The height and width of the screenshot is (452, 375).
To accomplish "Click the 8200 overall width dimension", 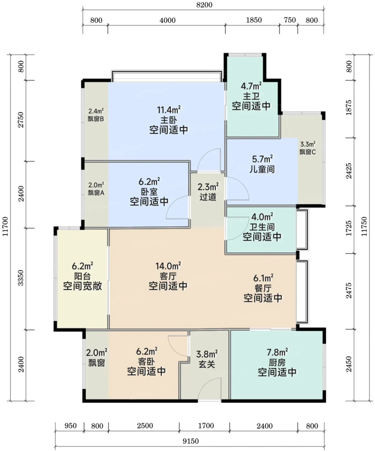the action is coord(204,5).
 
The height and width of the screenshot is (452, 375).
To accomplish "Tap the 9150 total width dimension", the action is coord(191,441).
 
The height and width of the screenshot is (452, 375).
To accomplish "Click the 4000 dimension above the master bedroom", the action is coord(167,20).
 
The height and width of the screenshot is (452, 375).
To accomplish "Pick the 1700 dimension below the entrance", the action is coord(206,426).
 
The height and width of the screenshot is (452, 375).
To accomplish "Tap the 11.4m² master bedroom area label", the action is coord(169,110).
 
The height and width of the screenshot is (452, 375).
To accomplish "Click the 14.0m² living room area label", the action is coord(168,266).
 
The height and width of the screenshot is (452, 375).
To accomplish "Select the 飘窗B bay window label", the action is coord(96,119).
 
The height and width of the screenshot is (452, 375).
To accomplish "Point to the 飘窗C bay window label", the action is coord(307,152).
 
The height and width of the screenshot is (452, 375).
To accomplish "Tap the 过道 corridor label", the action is coord(208,197).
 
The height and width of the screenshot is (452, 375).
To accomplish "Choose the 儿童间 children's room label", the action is coord(262,169).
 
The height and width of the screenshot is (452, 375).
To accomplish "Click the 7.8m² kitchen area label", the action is coord(277,353).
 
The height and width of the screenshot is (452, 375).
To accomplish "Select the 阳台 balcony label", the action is coord(82,276).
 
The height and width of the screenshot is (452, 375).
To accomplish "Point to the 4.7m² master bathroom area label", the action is coord(251,86).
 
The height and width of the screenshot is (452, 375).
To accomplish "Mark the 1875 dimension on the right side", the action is coord(349,108).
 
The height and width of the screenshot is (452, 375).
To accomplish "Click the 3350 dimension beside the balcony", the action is coord(21,278).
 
